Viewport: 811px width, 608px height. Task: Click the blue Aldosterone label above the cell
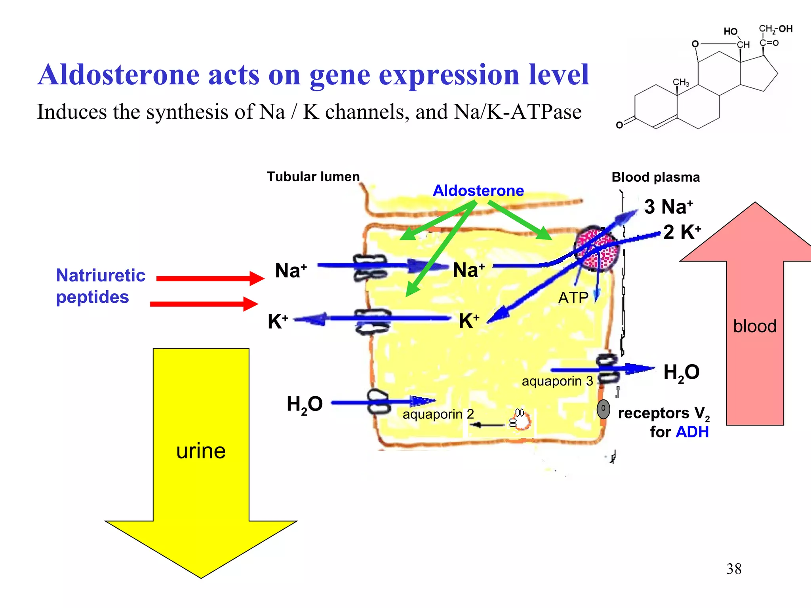point(478,191)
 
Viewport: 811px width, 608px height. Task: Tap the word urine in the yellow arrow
point(201,451)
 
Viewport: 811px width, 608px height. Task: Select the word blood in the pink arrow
point(754,326)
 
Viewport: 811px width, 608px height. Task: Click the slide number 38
point(734,569)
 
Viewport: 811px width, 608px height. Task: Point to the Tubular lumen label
point(313,177)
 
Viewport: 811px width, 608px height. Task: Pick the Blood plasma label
point(655,177)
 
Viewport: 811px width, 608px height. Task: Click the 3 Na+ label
point(668,207)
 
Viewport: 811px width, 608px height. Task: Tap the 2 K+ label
point(682,232)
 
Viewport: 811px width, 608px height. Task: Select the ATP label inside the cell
point(573,298)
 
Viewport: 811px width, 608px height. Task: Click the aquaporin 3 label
point(557,381)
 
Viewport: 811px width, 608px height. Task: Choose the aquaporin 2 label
point(438,414)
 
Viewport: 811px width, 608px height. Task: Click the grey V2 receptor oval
point(603,409)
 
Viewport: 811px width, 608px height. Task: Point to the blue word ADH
point(692,432)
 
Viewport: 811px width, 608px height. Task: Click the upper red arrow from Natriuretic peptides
point(210,278)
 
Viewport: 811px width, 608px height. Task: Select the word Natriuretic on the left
point(101,275)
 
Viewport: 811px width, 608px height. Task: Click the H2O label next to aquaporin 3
point(681,373)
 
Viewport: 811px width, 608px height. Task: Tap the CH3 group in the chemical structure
point(681,82)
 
